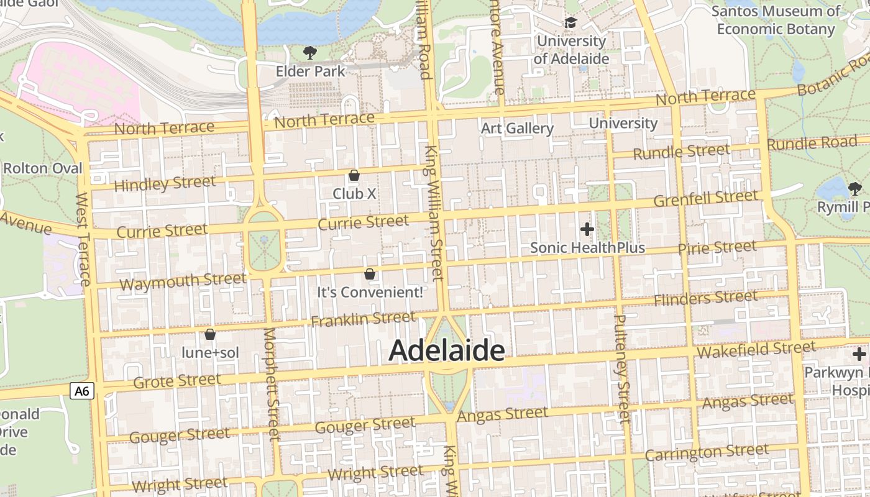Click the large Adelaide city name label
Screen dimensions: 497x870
pos(446,351)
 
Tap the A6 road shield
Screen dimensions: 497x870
pos(81,391)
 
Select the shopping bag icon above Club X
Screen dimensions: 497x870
pos(354,175)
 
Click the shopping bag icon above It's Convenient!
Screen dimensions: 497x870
pos(370,273)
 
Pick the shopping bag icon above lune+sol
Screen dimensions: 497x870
pos(210,334)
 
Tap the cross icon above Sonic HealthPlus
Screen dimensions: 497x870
pos(587,229)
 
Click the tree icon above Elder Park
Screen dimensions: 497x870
pos(309,53)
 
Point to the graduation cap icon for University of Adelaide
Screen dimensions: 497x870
pos(570,23)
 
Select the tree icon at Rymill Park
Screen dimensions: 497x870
pos(855,188)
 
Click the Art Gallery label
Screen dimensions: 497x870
pos(517,129)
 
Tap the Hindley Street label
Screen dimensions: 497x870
pos(165,184)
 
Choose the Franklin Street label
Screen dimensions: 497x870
pos(363,319)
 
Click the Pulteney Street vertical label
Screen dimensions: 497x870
pos(622,369)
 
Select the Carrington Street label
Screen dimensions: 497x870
pos(707,452)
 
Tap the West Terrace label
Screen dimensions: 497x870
pos(83,239)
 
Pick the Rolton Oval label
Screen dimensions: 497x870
pos(42,168)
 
